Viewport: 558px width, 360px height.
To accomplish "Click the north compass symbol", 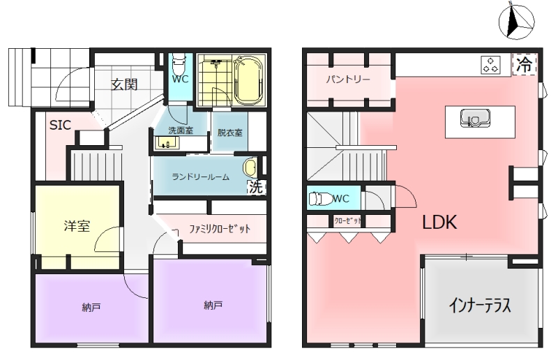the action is [516, 22].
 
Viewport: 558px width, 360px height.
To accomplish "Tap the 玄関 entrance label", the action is [124, 84].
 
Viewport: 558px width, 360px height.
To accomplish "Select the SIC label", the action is [60, 125].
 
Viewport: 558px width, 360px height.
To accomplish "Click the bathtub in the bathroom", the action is [249, 80].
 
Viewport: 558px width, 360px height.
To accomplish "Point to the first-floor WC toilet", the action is [179, 63].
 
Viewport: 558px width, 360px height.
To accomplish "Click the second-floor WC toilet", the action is [319, 199].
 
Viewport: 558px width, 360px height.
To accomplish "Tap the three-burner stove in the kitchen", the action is [491, 65].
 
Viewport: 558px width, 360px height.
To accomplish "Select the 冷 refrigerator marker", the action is [525, 64].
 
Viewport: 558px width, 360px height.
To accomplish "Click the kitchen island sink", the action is [475, 118].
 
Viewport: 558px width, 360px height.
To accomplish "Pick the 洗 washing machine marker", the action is [256, 187].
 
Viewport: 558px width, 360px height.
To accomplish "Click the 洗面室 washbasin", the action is [167, 143].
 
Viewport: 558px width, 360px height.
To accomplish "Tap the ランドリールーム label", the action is [200, 177].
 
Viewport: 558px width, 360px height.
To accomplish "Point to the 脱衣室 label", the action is [230, 133].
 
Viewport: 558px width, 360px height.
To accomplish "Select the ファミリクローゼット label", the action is [220, 229].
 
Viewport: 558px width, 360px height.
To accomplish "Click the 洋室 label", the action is [77, 226].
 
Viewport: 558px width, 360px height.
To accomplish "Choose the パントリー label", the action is [347, 79].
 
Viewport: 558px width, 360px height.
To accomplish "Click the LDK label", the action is [439, 222].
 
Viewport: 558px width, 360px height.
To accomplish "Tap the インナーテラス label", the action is [480, 305].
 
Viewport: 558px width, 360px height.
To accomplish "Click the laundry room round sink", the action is [250, 168].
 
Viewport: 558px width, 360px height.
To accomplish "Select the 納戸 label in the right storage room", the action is [213, 305].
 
